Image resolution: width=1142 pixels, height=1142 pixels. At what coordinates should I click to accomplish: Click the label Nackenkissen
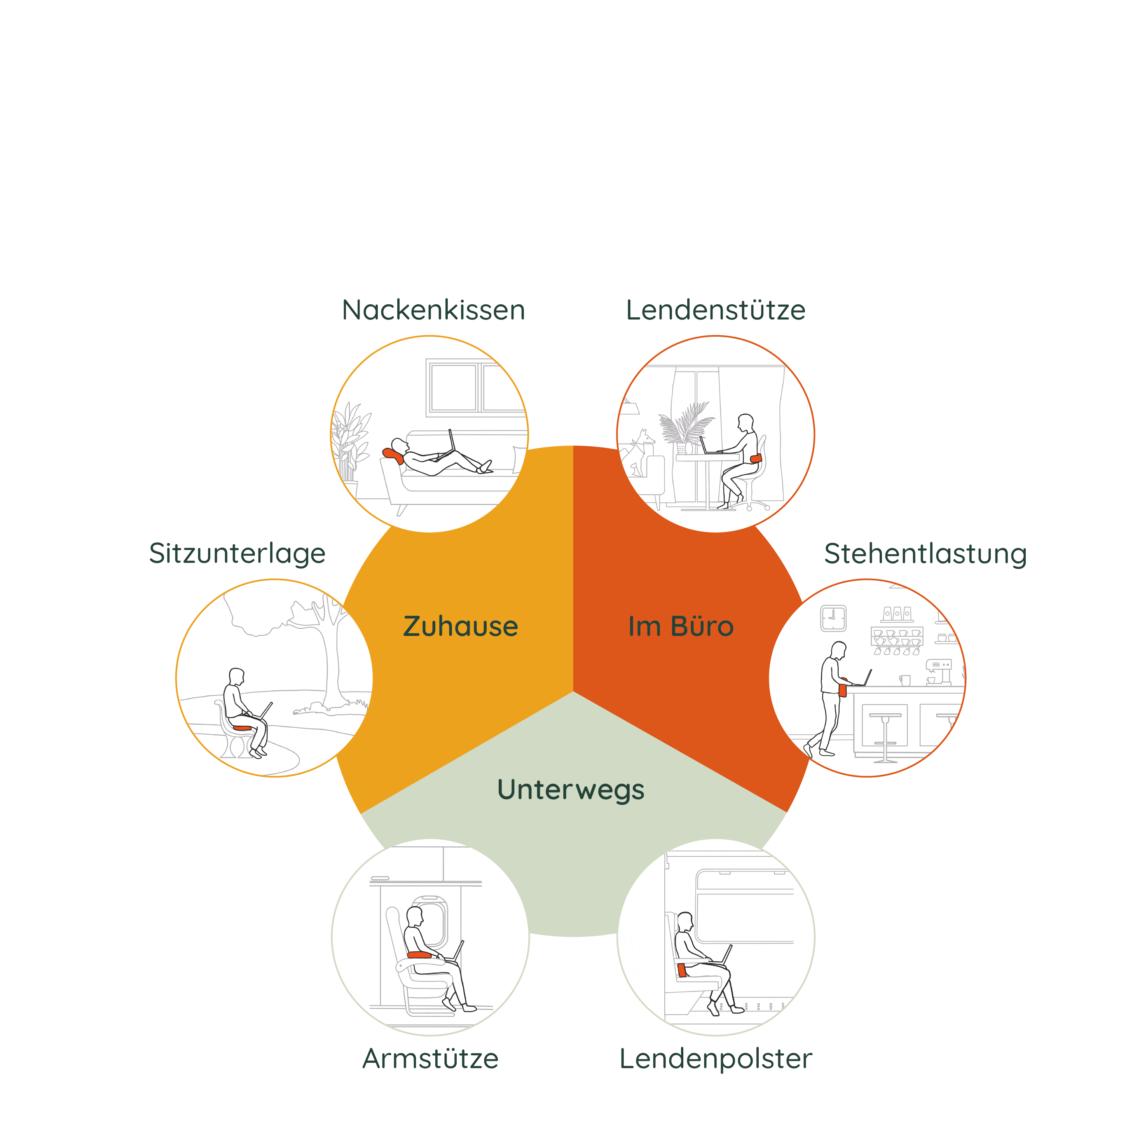tap(433, 310)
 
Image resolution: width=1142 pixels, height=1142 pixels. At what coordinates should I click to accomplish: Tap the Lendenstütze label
tap(715, 310)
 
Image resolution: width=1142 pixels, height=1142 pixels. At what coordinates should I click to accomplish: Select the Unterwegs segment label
tap(570, 790)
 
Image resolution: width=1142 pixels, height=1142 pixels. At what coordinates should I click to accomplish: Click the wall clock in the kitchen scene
tap(833, 618)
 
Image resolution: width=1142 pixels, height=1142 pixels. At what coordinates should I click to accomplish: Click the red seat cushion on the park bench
tap(242, 728)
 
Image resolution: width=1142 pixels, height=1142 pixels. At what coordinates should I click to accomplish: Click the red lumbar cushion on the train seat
tap(682, 969)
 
